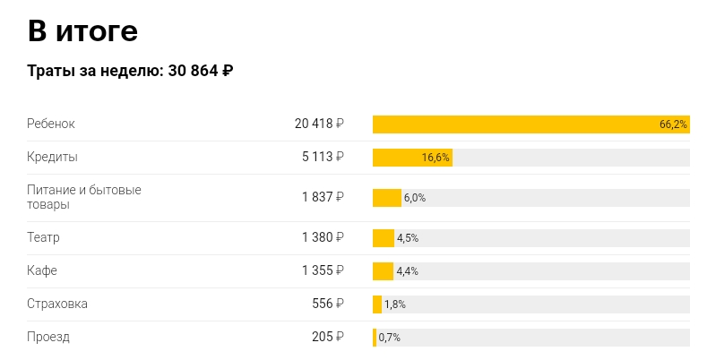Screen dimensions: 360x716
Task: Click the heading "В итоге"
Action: point(82,31)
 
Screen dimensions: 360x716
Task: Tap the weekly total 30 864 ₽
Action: point(201,72)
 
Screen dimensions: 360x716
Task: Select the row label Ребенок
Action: point(51,124)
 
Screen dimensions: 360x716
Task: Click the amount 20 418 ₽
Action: point(319,124)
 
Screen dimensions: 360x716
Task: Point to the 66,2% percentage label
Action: point(673,124)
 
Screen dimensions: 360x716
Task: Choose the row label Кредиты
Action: point(52,157)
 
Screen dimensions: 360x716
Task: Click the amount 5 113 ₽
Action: point(323,157)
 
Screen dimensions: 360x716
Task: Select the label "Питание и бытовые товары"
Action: point(84,197)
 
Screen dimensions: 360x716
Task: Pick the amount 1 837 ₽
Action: point(323,197)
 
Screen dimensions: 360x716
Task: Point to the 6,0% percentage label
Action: point(415,198)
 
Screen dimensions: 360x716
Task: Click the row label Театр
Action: point(43,237)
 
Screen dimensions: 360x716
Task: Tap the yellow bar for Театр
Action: point(384,238)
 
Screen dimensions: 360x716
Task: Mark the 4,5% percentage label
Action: point(408,238)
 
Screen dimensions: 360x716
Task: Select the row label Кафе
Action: point(42,270)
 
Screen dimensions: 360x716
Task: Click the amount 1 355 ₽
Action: point(323,270)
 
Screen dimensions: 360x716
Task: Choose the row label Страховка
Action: point(57,304)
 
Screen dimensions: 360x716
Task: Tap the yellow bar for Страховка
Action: point(377,304)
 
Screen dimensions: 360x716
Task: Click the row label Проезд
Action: point(48,337)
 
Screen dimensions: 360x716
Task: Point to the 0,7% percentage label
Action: point(389,338)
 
